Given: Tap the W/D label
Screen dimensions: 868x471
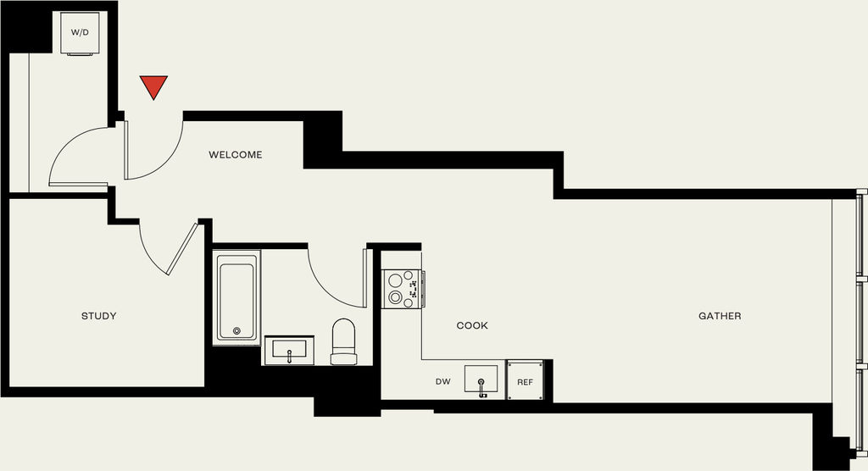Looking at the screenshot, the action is pyautogui.click(x=80, y=33).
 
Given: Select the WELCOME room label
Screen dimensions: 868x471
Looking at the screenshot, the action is pyautogui.click(x=236, y=155).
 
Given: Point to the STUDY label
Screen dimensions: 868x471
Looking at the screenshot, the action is pyautogui.click(x=99, y=316).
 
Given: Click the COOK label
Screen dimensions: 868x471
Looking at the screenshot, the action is pyautogui.click(x=472, y=325).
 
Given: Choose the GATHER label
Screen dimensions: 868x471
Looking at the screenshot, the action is pyautogui.click(x=720, y=316).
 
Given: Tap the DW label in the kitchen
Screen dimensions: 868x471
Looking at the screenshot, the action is pyautogui.click(x=442, y=382).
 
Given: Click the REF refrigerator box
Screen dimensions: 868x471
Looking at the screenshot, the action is pyautogui.click(x=525, y=381).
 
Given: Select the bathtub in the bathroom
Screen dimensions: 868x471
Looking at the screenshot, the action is pyautogui.click(x=236, y=297).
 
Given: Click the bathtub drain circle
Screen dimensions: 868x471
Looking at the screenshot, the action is pyautogui.click(x=237, y=331).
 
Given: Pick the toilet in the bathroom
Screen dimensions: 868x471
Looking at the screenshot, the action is pyautogui.click(x=344, y=341).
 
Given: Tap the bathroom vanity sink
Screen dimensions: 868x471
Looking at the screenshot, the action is pyautogui.click(x=289, y=351).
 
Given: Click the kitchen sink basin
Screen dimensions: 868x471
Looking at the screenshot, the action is pyautogui.click(x=481, y=380).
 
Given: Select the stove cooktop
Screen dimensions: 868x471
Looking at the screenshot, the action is pyautogui.click(x=403, y=288).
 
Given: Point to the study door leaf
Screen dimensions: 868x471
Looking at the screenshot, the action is pyautogui.click(x=182, y=248).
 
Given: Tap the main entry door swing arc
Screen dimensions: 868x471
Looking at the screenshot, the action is pyautogui.click(x=164, y=160).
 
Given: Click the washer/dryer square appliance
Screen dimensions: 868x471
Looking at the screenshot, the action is pyautogui.click(x=80, y=33).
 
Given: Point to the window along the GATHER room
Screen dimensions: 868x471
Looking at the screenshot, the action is pyautogui.click(x=861, y=320).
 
